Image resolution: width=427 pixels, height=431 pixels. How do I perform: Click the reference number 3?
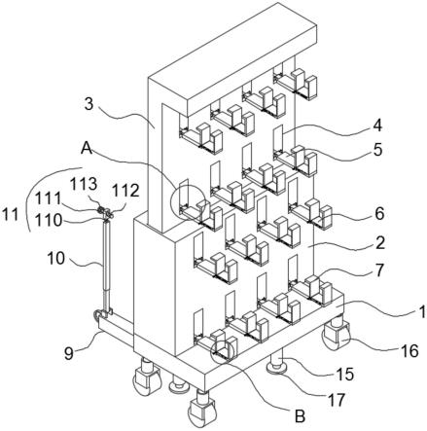pos(89,104)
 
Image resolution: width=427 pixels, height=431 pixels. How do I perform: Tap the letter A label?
pos(87,148)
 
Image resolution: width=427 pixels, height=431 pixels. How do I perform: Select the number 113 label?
pos(84,185)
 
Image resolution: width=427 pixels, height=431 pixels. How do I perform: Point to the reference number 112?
pos(125,191)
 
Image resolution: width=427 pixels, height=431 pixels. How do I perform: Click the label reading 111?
pos(48,198)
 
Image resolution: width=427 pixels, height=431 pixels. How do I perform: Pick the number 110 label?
pos(49,220)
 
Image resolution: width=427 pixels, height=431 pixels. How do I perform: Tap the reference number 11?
pos(11,214)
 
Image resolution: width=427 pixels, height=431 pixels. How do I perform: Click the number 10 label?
pos(55,259)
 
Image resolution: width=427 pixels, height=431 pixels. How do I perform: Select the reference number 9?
pos(69,353)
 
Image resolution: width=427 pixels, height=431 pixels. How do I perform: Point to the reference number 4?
pos(377,126)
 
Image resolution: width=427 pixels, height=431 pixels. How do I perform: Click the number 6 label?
pos(379,214)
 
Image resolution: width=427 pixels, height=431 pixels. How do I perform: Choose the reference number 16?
pos(409,351)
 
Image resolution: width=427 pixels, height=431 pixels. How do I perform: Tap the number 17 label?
pos(337,400)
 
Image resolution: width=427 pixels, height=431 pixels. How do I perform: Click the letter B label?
pos(300,416)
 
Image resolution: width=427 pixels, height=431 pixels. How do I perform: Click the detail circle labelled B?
pos(223,351)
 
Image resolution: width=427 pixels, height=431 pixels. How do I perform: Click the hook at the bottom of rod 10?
pos(97,314)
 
